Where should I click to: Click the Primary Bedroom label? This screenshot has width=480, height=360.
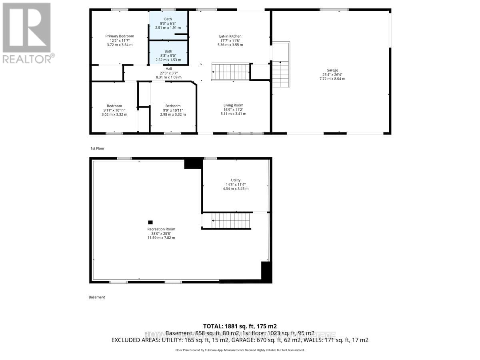point(120,36)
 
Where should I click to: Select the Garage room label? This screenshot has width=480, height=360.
point(332,70)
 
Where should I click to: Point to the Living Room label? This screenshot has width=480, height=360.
point(233,105)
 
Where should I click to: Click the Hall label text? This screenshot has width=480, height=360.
point(168,69)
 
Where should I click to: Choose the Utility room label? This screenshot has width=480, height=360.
point(236,180)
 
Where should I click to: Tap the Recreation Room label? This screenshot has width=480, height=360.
point(161,229)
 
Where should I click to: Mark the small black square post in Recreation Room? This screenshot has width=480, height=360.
point(150,222)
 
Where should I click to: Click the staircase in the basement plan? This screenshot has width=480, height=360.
point(230,220)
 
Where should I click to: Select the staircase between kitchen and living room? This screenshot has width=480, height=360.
point(230,72)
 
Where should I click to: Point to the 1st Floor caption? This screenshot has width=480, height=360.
point(97,148)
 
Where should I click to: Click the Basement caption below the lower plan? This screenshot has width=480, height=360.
point(97,297)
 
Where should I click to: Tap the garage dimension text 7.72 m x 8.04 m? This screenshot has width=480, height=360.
point(332,79)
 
